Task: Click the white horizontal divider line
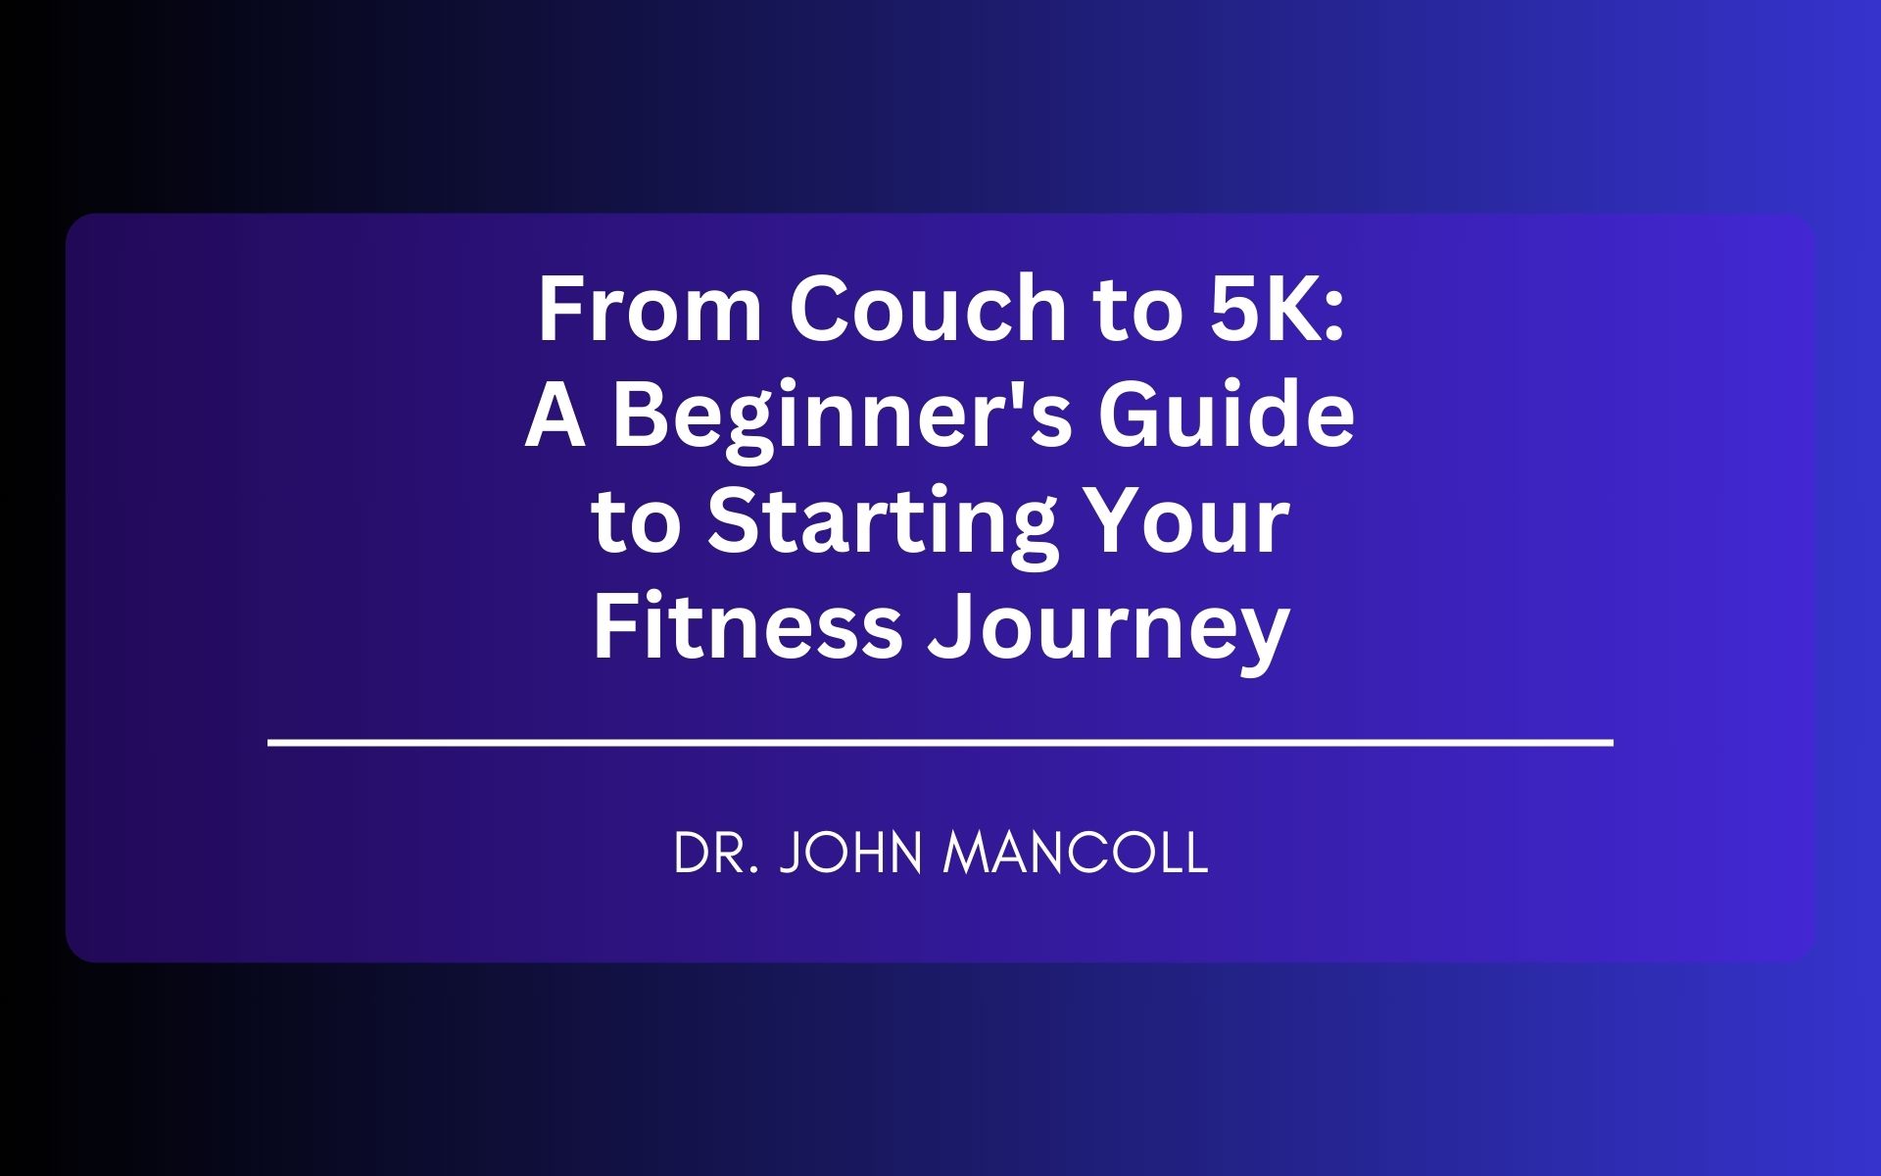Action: click(940, 744)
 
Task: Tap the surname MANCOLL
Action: click(1076, 854)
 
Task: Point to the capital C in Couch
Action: click(819, 310)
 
